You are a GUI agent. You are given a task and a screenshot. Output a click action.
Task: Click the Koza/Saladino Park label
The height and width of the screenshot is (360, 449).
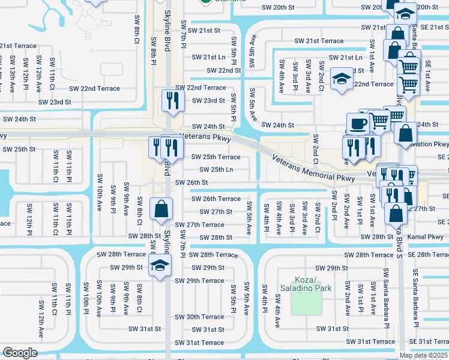click(x=313, y=284)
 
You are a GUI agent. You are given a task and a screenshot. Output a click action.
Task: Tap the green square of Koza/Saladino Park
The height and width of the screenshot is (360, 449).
click(x=307, y=302)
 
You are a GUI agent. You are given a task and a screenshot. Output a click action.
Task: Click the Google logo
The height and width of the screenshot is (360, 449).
click(x=20, y=353)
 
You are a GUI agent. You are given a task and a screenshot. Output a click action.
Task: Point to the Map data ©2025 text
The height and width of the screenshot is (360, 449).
click(x=424, y=355)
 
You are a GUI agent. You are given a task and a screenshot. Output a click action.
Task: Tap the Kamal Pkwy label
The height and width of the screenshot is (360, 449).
click(x=424, y=238)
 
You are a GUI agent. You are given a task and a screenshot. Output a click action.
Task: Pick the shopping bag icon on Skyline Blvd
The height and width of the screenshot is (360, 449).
click(x=161, y=209)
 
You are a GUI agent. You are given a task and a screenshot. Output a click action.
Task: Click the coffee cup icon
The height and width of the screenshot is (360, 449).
click(x=359, y=124)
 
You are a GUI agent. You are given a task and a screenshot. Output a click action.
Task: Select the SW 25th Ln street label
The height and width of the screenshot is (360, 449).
click(x=216, y=169)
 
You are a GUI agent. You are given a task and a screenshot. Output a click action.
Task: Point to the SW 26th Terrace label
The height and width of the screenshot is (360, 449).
click(x=215, y=199)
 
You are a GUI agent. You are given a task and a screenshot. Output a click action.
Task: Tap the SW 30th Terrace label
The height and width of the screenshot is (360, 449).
click(x=199, y=317)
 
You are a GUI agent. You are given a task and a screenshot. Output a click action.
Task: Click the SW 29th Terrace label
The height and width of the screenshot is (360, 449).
click(x=199, y=281)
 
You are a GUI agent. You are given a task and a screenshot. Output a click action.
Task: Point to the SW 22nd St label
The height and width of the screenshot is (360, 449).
click(x=221, y=70)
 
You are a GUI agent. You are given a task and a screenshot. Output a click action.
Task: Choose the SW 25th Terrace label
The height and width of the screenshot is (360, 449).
click(x=215, y=157)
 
